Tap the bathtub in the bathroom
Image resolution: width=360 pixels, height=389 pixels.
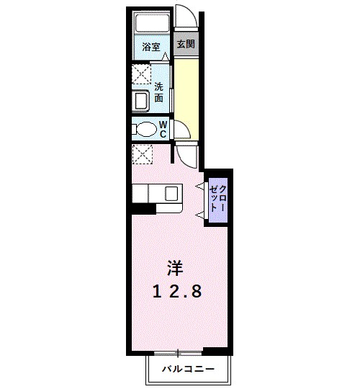(152, 24)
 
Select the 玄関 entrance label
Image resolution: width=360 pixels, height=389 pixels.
(186, 44)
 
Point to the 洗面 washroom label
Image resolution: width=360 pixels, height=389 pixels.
(159, 92)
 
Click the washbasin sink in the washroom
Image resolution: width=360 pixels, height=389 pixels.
(141, 99)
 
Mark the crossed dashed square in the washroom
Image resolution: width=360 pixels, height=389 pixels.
(140, 75)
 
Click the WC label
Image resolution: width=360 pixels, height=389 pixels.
(163, 130)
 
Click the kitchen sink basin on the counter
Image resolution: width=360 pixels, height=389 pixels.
(172, 193)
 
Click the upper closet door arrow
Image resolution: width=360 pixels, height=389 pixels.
(200, 187)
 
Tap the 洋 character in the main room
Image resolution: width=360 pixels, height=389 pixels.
(176, 268)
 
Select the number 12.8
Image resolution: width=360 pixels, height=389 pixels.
(176, 291)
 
